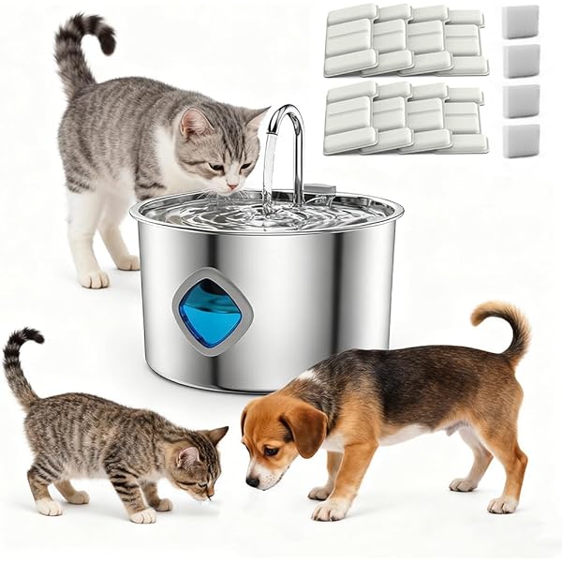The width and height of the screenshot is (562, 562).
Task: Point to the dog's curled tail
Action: (x=506, y=323)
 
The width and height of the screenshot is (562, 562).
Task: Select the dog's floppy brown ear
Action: (x=305, y=428)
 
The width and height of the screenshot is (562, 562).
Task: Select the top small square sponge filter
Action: (x=520, y=21)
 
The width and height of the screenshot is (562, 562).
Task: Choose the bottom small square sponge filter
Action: (x=520, y=140)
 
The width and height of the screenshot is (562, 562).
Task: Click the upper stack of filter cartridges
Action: (x=405, y=39)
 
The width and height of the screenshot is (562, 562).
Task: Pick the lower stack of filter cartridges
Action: (x=405, y=118)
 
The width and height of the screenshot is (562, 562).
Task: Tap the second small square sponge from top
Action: (x=520, y=60)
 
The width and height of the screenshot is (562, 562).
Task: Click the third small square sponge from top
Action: (x=520, y=100)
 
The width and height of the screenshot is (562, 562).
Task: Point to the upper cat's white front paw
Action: (x=95, y=278)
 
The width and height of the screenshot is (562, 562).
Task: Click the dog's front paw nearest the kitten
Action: (x=329, y=510)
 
